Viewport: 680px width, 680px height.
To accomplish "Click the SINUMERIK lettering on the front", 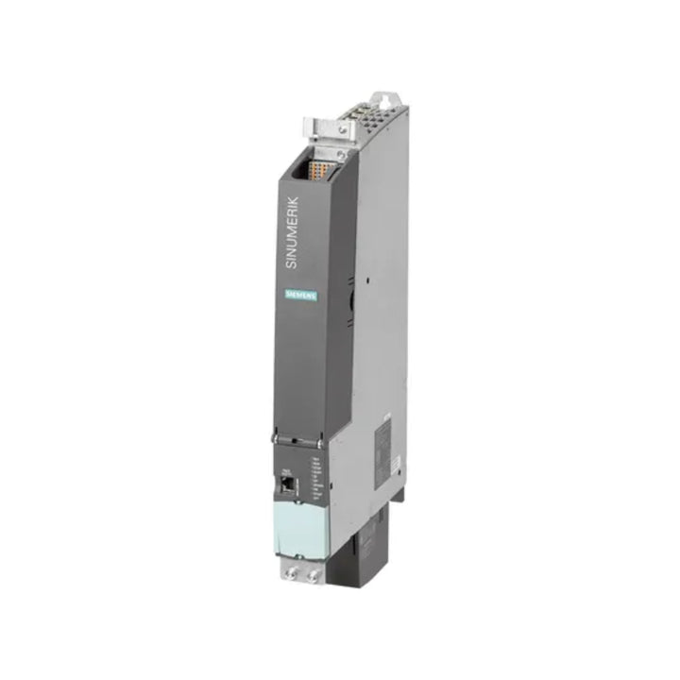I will coord(292,232).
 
